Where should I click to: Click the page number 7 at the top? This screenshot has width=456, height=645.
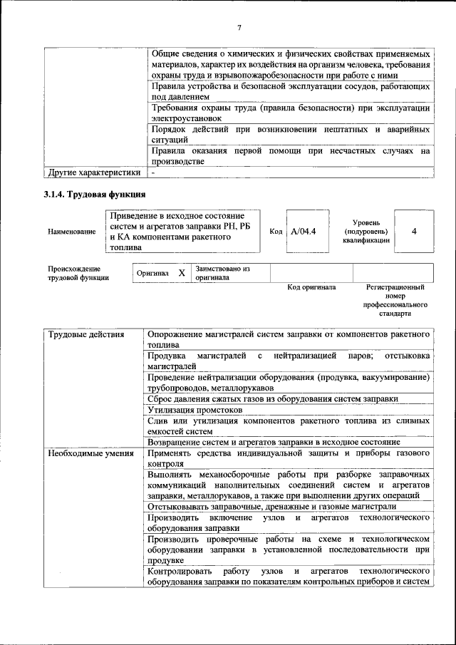click(239, 28)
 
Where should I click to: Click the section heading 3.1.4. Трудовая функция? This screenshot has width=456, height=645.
click(95, 194)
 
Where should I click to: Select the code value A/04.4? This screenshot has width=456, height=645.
click(304, 232)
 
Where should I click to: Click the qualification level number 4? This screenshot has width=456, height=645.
click(414, 232)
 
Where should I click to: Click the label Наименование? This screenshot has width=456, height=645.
click(71, 232)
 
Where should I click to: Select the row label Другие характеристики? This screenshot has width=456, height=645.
click(93, 172)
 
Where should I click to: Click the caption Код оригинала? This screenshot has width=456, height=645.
click(311, 287)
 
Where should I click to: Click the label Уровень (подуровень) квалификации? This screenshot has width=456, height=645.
click(366, 232)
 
